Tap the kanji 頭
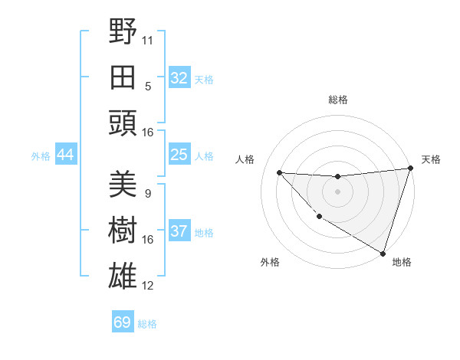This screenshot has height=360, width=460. click(123, 123)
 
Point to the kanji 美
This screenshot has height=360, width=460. click(123, 184)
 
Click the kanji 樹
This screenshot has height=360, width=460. click(123, 231)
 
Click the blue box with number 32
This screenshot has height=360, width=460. click(179, 77)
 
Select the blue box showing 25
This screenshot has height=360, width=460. click(179, 155)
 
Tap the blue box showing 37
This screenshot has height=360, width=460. click(179, 231)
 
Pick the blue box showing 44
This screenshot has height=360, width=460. click(66, 155)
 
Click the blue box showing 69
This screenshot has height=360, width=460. click(123, 322)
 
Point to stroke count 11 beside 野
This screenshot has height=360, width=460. click(148, 39)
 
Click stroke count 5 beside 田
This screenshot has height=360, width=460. click(148, 86)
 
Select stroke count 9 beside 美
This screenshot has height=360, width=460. click(148, 194)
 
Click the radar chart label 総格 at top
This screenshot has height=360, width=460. click(337, 100)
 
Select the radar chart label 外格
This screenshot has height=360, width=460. click(270, 263)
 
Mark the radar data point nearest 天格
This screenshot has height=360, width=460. click(410, 169)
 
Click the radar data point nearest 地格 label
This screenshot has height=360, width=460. click(382, 253)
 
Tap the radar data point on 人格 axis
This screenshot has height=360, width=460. click(279, 172)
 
